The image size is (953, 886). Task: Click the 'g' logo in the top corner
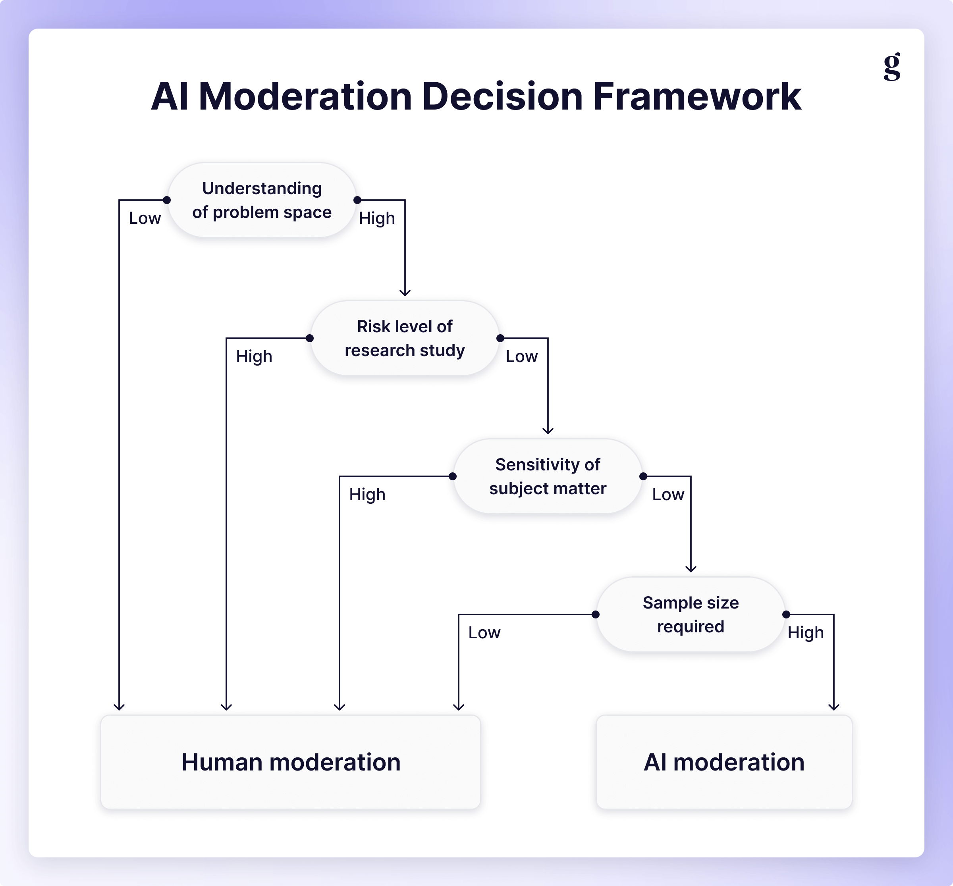point(891,67)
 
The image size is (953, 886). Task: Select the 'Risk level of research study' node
point(405,338)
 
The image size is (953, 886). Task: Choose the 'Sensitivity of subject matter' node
point(548,476)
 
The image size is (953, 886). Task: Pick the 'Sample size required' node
point(690,614)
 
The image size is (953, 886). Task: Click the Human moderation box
point(291,762)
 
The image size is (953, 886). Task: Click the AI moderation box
point(724,762)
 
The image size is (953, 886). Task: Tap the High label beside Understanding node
point(377,218)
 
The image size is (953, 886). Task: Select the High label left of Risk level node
point(254,356)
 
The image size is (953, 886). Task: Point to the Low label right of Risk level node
point(521,356)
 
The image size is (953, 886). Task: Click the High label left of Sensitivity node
point(367,495)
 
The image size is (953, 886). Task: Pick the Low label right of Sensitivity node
point(668,495)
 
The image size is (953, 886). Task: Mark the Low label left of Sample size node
point(484,632)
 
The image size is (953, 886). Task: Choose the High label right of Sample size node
point(805,632)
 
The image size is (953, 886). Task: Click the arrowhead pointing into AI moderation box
point(833,707)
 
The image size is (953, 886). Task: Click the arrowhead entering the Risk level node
point(405,292)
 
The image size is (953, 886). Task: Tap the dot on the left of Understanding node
point(167,200)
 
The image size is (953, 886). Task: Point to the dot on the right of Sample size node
point(786,614)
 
